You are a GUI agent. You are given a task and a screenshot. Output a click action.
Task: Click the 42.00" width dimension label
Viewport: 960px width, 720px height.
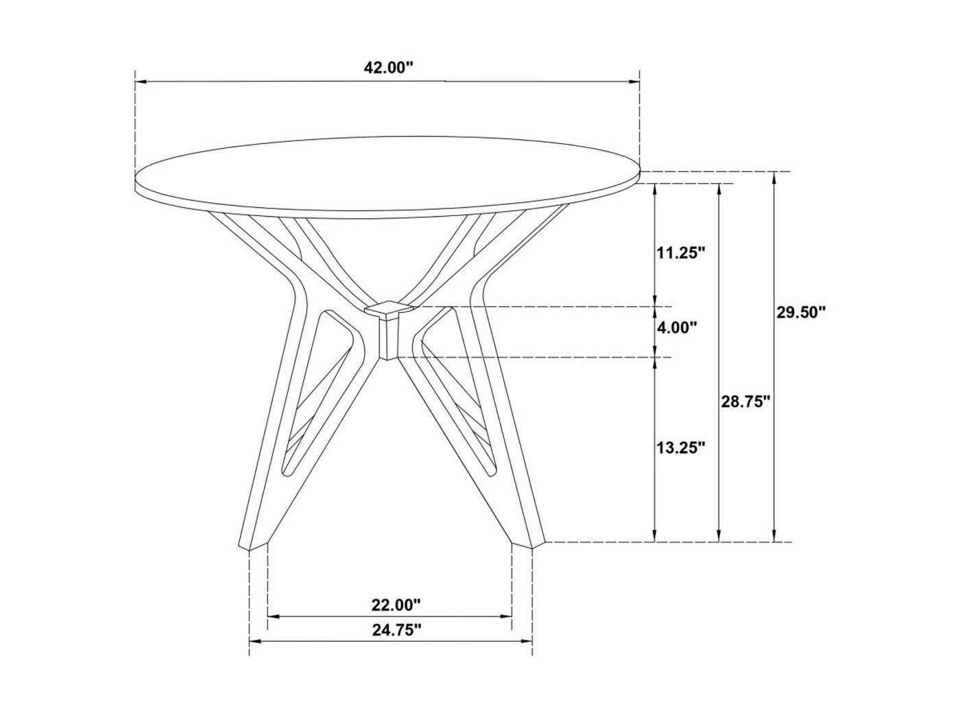pos(388,68)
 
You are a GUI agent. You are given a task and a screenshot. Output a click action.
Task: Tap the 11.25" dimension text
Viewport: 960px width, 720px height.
pos(680,253)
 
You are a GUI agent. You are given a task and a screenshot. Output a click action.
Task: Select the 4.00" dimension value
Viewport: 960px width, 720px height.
pos(676,328)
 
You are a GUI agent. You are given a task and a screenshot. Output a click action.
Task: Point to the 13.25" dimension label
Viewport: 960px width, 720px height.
pos(680,447)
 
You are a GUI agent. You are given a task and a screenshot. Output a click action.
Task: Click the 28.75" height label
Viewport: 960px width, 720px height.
pos(745,401)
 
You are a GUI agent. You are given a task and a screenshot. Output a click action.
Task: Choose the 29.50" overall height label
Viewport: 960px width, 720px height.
pos(800,313)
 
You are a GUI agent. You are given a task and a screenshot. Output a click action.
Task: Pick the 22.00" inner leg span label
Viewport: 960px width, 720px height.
pos(396,605)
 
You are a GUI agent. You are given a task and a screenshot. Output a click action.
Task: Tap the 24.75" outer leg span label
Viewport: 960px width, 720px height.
pos(396,630)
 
